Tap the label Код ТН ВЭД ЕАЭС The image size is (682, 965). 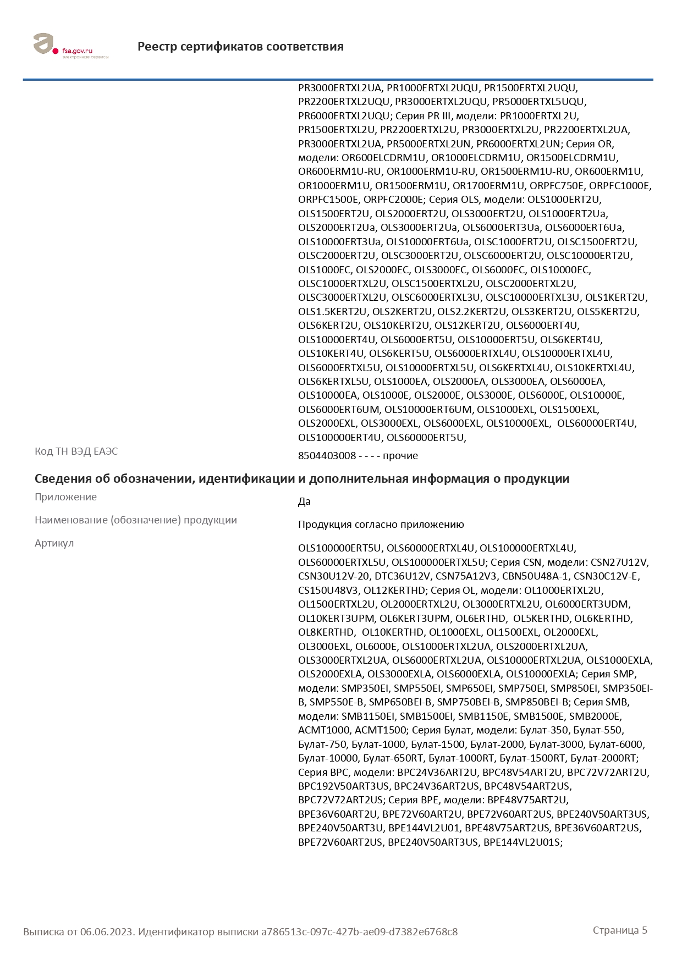click(76, 451)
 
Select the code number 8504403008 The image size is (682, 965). click(327, 456)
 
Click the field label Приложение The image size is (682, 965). click(65, 497)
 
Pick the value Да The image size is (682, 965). click(304, 501)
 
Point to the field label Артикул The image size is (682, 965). click(54, 543)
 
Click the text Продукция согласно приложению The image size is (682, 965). click(381, 525)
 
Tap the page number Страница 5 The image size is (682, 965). click(620, 930)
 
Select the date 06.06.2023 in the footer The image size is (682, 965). click(107, 931)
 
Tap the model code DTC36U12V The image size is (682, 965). click(402, 576)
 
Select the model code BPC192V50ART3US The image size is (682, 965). click(343, 786)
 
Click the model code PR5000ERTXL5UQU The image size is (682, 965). click(539, 102)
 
